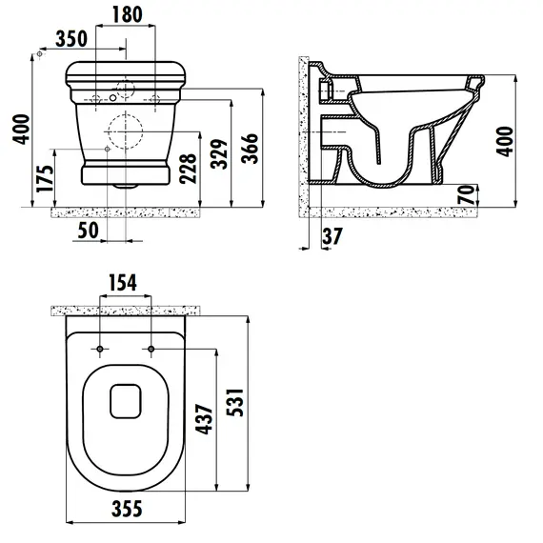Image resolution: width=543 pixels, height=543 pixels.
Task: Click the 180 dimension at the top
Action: click(127, 14)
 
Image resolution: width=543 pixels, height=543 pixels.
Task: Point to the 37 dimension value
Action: click(332, 237)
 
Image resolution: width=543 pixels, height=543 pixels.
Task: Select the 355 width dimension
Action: click(124, 510)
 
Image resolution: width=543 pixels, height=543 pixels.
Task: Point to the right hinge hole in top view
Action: click(151, 350)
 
